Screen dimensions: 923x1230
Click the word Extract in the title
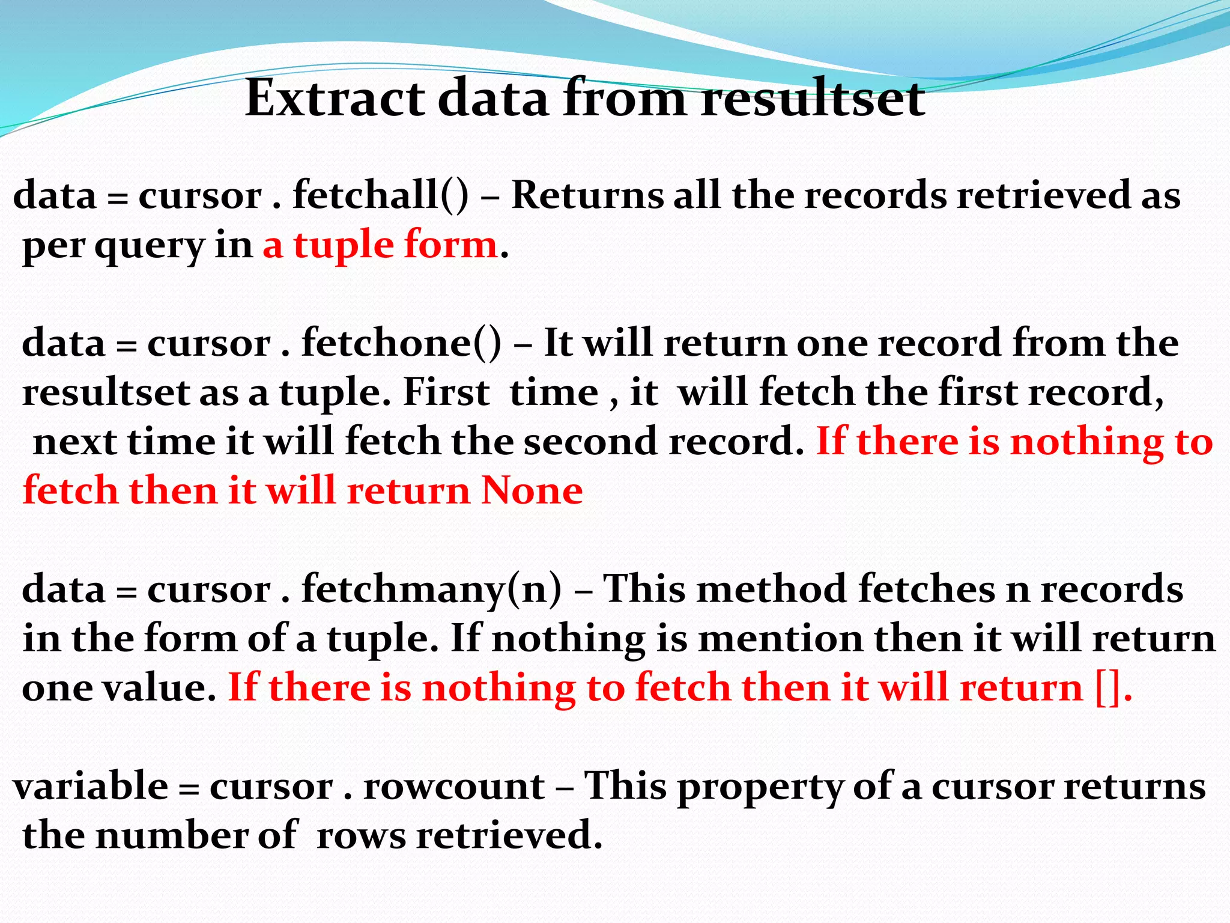coord(335,98)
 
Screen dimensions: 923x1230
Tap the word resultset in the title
coord(813,98)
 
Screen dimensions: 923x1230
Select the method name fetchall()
coord(380,195)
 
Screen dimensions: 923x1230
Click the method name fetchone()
coord(401,343)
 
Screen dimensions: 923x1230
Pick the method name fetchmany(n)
coord(432,589)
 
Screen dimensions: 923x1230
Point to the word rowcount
coord(454,786)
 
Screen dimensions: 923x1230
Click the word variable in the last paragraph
coord(91,786)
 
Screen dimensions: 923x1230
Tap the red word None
coord(532,491)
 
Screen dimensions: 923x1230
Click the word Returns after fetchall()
coord(587,195)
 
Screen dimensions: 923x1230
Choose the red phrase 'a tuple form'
coord(380,245)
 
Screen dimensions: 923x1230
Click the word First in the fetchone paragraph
coord(446,392)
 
